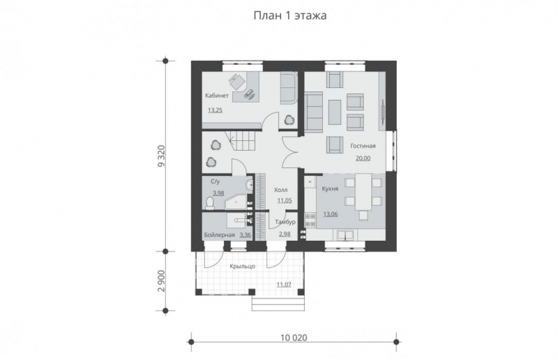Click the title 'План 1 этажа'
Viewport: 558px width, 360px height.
tap(289, 15)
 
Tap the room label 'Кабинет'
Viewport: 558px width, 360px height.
tap(217, 96)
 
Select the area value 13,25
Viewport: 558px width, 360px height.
tap(215, 110)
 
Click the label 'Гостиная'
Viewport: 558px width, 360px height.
tap(363, 146)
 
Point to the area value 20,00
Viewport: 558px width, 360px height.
tap(363, 158)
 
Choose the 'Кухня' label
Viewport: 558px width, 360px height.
tap(330, 189)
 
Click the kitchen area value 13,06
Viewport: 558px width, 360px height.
tap(330, 214)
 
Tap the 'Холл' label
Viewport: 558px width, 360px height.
tap(281, 190)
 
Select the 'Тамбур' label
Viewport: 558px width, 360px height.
tap(285, 222)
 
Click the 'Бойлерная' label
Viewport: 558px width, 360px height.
tap(220, 235)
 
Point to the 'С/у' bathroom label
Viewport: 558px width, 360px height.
tap(216, 181)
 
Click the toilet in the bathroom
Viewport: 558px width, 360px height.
tap(210, 203)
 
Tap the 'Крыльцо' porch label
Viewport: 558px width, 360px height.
tap(242, 267)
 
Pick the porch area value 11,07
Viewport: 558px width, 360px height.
tap(284, 284)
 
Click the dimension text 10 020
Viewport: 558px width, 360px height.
tap(294, 338)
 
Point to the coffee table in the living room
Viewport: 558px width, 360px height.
tap(335, 112)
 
